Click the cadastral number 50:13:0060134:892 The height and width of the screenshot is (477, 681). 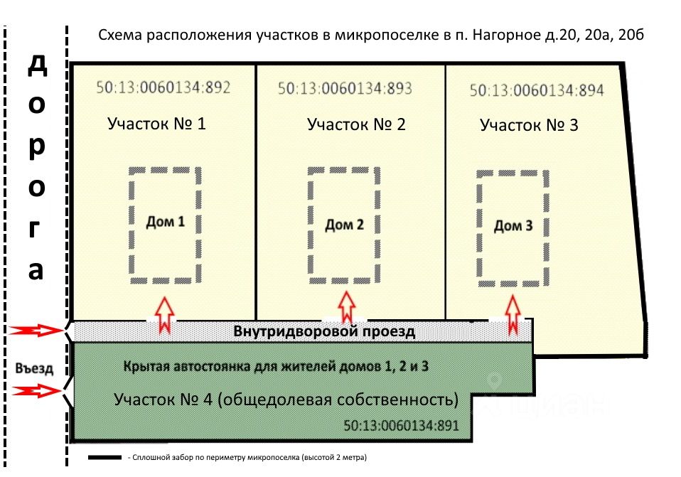163,87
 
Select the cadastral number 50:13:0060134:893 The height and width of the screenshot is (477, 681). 345,89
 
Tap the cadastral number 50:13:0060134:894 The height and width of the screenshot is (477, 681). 537,90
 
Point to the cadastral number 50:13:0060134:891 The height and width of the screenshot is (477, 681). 402,425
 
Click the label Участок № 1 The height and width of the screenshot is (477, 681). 156,124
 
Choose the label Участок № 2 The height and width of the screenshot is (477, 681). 356,124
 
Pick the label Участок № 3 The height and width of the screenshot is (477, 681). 529,126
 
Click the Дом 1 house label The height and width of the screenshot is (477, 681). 166,222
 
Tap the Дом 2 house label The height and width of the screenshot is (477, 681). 344,225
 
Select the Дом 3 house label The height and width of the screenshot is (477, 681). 513,226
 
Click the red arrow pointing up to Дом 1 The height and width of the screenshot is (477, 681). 165,315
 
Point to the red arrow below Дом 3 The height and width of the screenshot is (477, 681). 513,314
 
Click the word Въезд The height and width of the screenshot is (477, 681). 34,368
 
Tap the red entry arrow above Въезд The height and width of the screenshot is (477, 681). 36,331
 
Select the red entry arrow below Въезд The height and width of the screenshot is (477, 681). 36,391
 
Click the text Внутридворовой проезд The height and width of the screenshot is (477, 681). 324,331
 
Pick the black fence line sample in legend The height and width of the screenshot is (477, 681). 104,458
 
